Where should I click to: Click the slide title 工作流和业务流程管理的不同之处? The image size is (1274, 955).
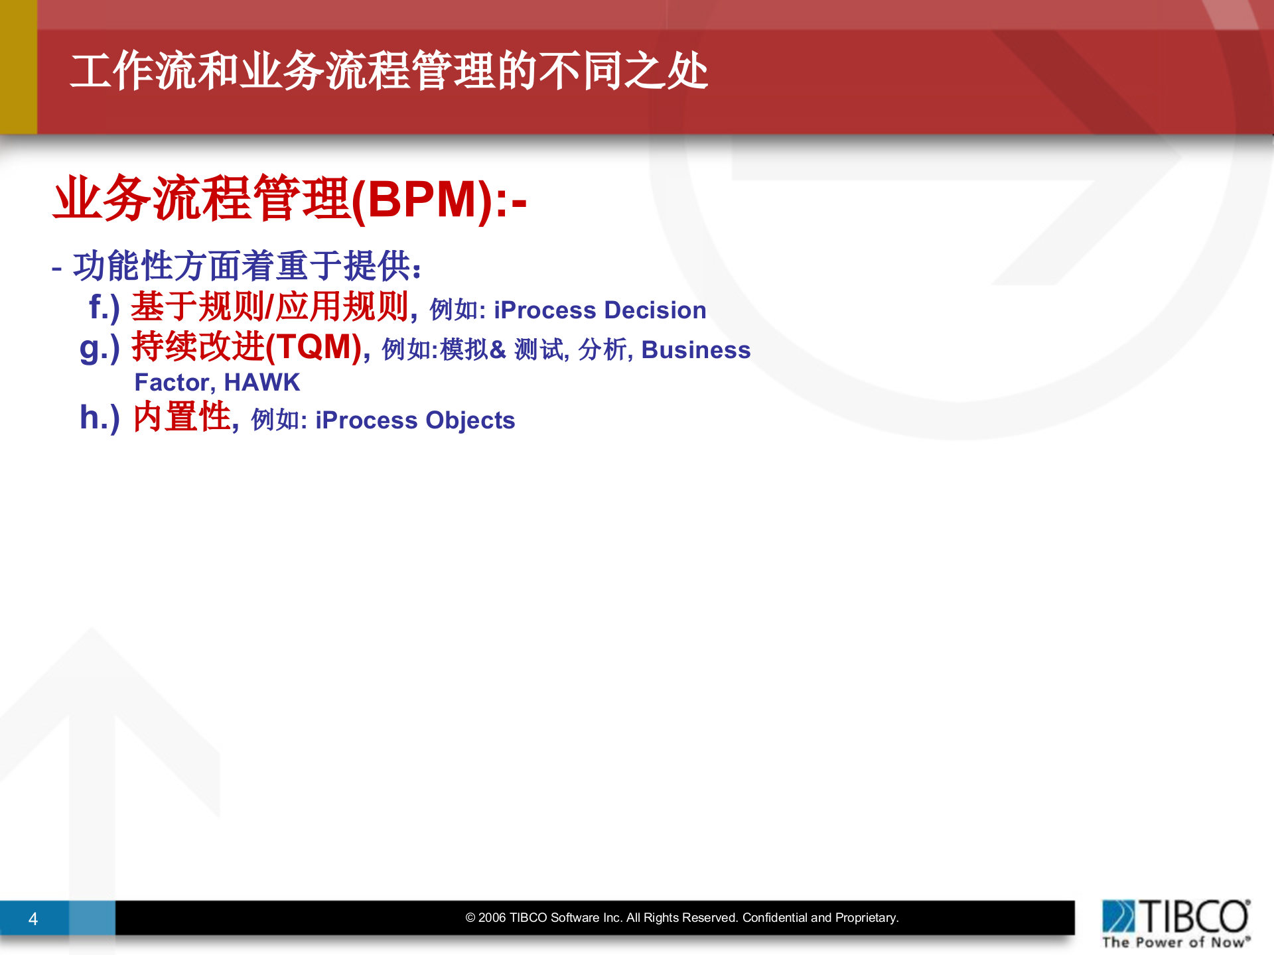click(389, 71)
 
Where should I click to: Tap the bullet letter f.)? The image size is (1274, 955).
click(104, 307)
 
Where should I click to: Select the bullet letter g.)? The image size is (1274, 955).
click(100, 348)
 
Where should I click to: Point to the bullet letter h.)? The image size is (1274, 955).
click(100, 418)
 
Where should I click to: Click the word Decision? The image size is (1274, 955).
click(655, 310)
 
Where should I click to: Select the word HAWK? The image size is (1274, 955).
click(262, 383)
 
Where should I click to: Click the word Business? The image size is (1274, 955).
click(695, 350)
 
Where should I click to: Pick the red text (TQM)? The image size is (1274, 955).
click(314, 347)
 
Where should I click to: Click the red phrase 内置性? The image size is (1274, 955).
click(182, 418)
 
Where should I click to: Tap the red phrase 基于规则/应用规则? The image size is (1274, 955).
click(269, 307)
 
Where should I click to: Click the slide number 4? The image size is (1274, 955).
click(33, 919)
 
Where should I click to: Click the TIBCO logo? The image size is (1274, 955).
click(1176, 917)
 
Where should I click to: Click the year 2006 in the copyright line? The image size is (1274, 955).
click(492, 918)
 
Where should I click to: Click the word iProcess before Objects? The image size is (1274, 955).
click(366, 420)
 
